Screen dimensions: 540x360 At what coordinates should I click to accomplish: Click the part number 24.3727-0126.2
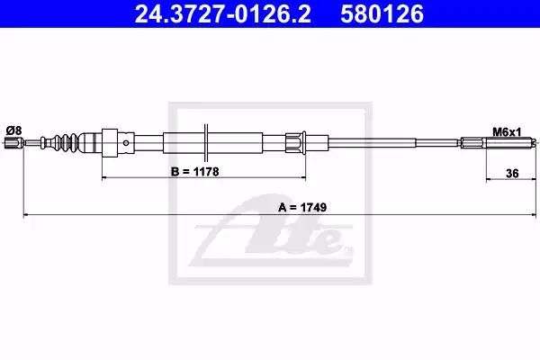[x=222, y=14]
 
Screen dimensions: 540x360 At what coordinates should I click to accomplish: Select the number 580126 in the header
[x=382, y=14]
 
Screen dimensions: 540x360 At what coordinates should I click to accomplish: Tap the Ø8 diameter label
[x=13, y=130]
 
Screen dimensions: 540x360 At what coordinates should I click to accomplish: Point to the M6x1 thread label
[x=507, y=132]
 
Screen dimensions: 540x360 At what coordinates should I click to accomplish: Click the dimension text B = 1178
[x=195, y=172]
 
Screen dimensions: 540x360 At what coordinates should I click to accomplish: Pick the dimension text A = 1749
[x=302, y=207]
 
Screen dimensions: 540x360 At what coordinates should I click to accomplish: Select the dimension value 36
[x=512, y=174]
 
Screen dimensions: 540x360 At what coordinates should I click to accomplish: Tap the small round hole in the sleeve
[x=126, y=143]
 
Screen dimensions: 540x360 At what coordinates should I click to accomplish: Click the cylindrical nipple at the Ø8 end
[x=11, y=142]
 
